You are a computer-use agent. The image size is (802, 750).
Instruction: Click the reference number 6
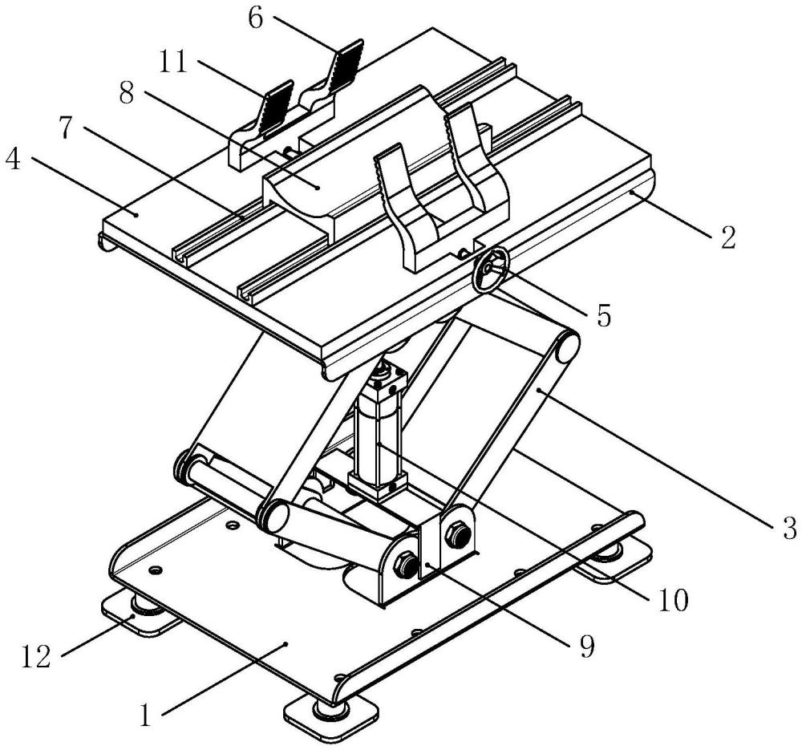pyautogui.click(x=255, y=18)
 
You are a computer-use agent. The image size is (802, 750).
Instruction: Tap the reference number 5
pyautogui.click(x=602, y=314)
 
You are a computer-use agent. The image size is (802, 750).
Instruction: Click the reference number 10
pyautogui.click(x=672, y=598)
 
